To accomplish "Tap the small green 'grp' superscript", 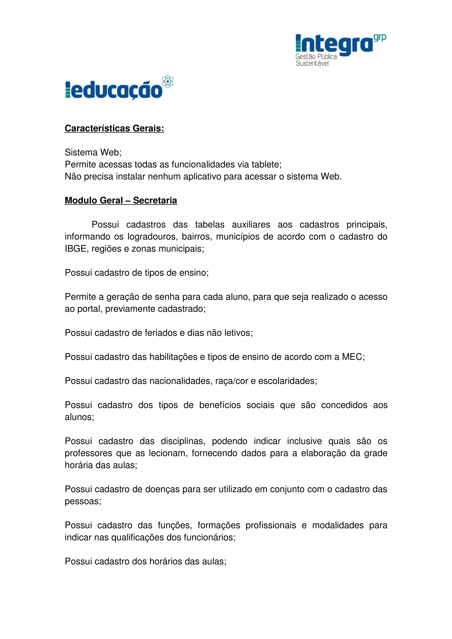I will click(380, 37).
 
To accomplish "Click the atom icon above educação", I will click(168, 81).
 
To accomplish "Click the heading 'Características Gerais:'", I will click(114, 128).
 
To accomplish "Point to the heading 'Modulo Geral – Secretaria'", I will click(121, 200).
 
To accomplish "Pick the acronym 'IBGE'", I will click(75, 248).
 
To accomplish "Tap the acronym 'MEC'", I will click(352, 357).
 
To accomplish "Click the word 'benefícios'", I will click(220, 405).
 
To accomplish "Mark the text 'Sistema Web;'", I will click(93, 153).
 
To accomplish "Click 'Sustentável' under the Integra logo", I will click(312, 64).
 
